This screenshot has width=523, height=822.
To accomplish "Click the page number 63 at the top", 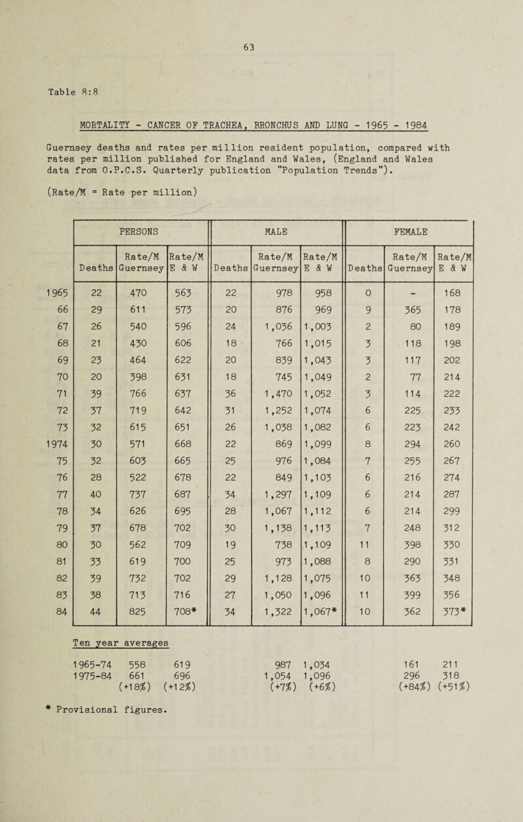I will click(x=264, y=47).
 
